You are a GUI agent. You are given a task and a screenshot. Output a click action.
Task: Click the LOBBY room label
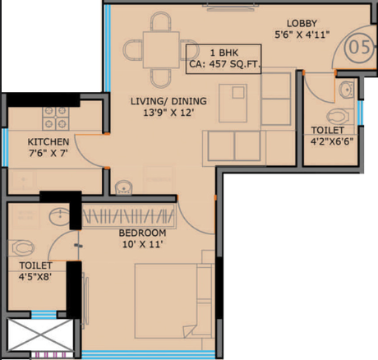coord(302,23)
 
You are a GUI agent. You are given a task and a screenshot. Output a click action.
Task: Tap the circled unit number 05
coord(359,47)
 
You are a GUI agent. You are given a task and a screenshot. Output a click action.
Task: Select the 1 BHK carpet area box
coord(224,59)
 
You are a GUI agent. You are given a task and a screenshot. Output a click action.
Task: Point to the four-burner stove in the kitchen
coord(56,118)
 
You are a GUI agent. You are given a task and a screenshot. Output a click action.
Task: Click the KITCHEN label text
coord(48,141)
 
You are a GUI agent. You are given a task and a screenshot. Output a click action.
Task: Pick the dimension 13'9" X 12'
coord(168,113)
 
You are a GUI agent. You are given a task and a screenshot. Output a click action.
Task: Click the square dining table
coord(161,49)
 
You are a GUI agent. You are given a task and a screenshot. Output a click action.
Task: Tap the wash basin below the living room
coord(123,187)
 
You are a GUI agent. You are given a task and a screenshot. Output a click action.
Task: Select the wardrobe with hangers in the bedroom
coord(128,216)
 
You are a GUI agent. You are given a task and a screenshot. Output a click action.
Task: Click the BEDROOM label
coord(142,233)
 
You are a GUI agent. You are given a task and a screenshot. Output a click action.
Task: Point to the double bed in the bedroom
coord(174,301)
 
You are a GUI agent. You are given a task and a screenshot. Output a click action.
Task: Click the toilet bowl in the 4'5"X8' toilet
coord(23,248)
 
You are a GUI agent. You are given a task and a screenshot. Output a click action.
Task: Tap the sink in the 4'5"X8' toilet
coord(59,217)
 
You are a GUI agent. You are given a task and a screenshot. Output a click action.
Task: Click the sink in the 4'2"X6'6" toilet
coord(346,90)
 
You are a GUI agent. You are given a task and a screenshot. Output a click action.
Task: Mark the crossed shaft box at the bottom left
coord(40,335)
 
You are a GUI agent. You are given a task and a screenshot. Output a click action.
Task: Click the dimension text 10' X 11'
coord(142,244)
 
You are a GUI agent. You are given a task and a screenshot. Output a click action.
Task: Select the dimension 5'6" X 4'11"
coord(302,35)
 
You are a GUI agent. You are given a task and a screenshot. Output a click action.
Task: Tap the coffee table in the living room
coord(233,103)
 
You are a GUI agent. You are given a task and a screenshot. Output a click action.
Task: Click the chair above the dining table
coord(161,21)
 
